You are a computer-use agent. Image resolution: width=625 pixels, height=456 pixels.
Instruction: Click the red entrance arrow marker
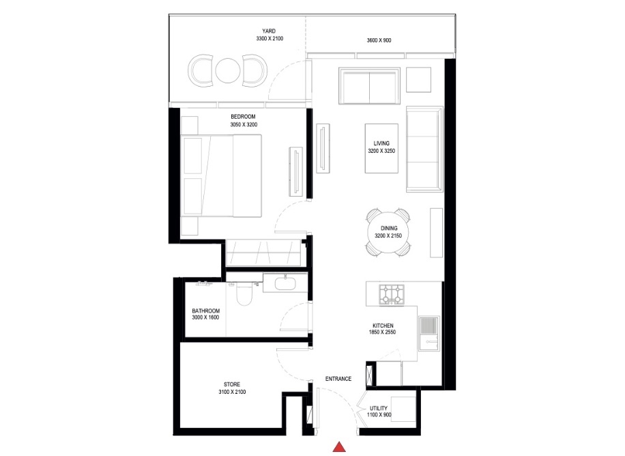point(338,447)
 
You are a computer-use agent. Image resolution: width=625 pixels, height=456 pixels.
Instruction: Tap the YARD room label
point(270,31)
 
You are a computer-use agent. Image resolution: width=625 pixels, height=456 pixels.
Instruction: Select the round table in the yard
point(226,70)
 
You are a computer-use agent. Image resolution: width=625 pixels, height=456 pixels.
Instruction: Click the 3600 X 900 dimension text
point(379,41)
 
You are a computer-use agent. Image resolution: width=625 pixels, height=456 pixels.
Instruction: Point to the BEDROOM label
point(244,117)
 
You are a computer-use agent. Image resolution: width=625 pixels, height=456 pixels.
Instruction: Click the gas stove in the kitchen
point(392,294)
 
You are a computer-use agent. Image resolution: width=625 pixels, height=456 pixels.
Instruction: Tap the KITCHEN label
point(381,325)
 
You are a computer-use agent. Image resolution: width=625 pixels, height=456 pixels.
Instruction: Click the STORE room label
point(231,384)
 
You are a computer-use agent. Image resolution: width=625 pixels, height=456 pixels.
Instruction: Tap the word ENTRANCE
point(338,379)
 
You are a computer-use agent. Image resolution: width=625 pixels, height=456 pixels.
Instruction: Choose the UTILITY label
point(378,408)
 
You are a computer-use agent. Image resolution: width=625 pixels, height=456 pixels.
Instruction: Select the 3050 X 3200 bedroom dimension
point(244,125)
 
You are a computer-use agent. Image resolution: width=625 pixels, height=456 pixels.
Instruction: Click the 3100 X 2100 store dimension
point(231,393)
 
